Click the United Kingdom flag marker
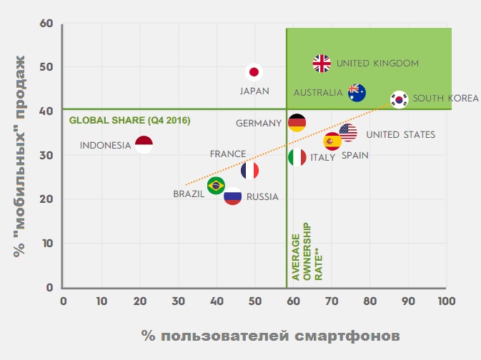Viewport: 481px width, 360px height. (x=322, y=64)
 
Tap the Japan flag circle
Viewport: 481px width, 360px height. (x=254, y=72)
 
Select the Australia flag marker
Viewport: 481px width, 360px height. (x=357, y=92)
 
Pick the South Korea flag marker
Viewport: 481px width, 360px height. (x=399, y=99)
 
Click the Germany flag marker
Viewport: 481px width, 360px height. (x=297, y=123)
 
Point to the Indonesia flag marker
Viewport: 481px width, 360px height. (x=144, y=145)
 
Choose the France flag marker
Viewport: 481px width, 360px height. (x=249, y=170)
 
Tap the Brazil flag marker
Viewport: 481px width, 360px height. (x=216, y=186)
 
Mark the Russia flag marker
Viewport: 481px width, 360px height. (x=232, y=196)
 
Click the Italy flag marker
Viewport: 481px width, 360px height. (x=297, y=157)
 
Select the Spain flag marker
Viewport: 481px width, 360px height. (x=332, y=141)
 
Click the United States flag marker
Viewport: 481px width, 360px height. (x=348, y=131)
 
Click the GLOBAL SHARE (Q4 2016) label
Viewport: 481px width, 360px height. (x=130, y=120)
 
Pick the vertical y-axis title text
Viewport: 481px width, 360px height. (x=21, y=156)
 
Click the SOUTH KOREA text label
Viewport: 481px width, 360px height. (x=445, y=99)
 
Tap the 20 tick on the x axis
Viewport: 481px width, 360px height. (x=140, y=301)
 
